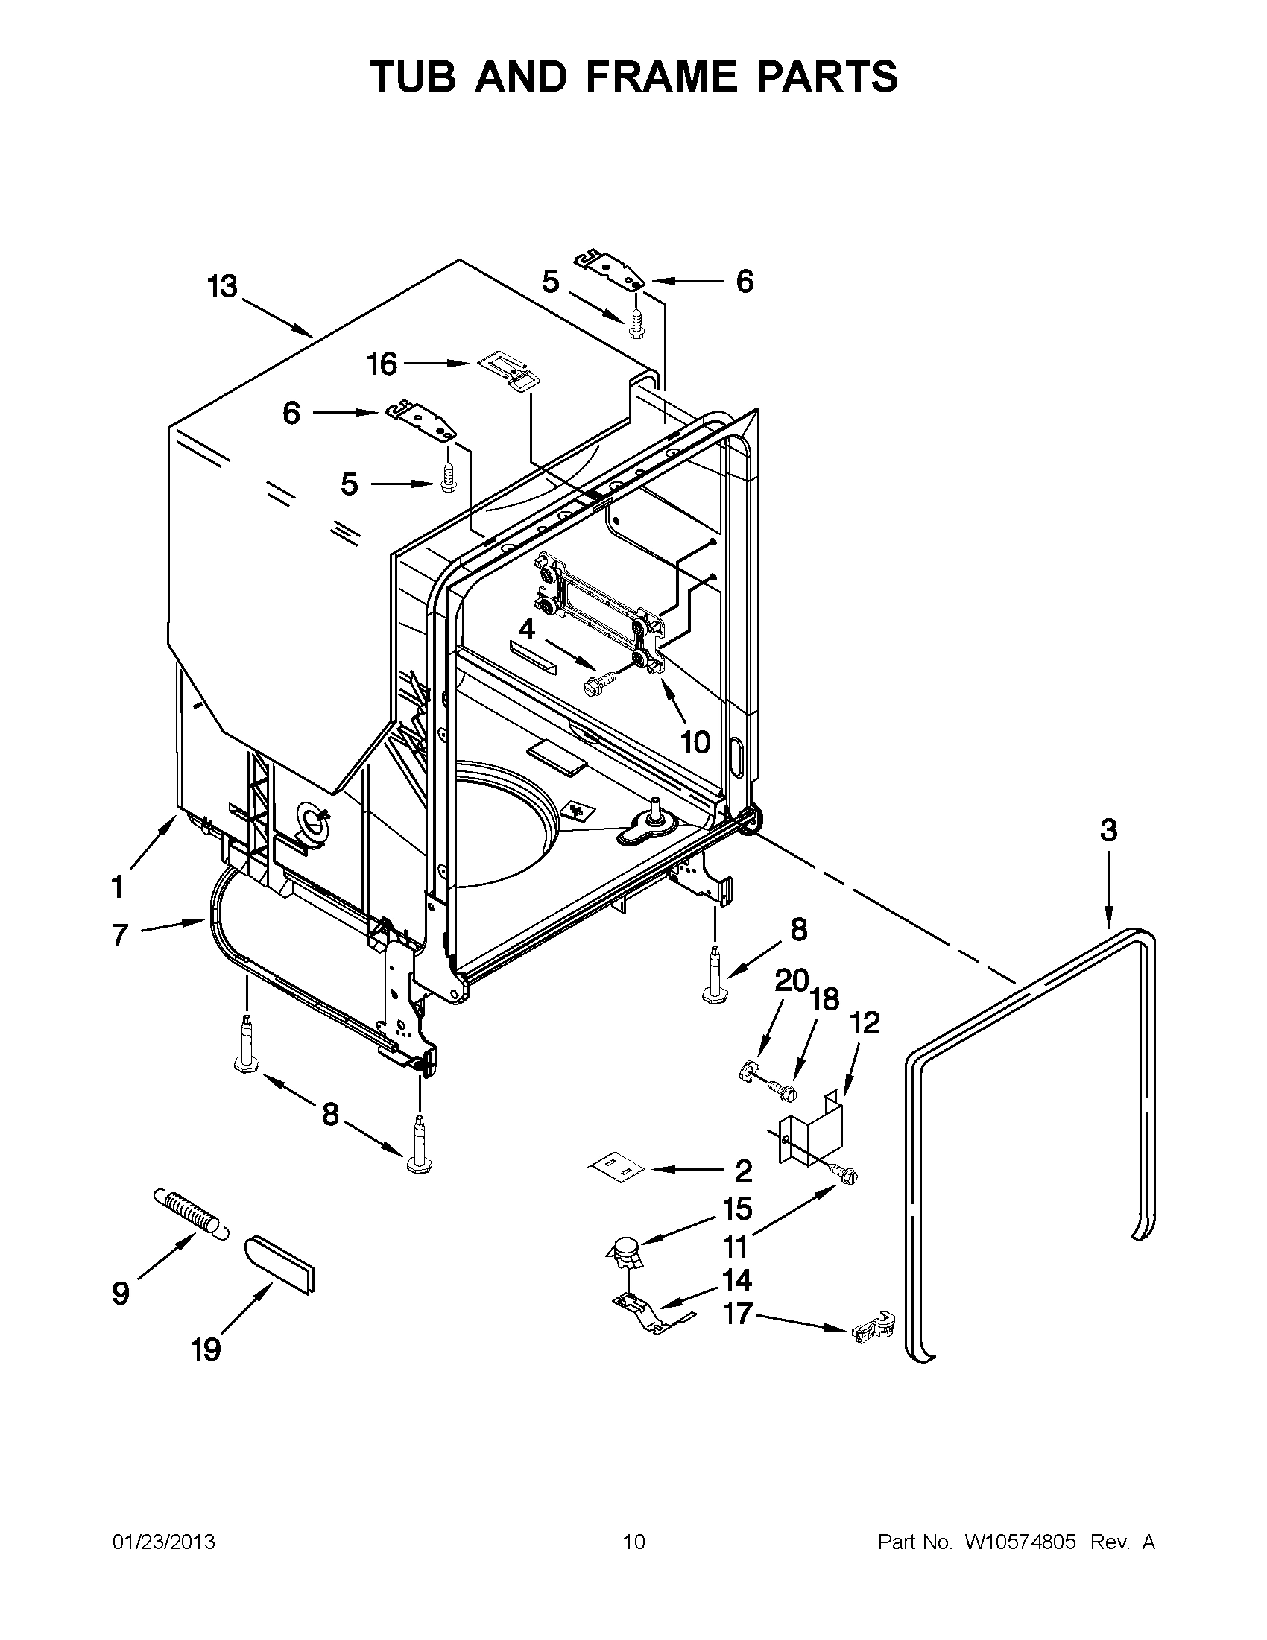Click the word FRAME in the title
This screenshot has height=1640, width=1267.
point(661,77)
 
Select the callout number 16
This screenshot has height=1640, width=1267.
point(382,364)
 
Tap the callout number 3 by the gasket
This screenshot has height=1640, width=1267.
point(1108,830)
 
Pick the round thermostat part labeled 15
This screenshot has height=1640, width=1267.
point(625,1250)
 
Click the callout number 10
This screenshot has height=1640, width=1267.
point(695,742)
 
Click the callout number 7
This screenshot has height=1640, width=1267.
point(120,936)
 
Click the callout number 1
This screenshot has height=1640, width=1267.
point(117,887)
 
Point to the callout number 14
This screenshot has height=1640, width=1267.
point(737,1279)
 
